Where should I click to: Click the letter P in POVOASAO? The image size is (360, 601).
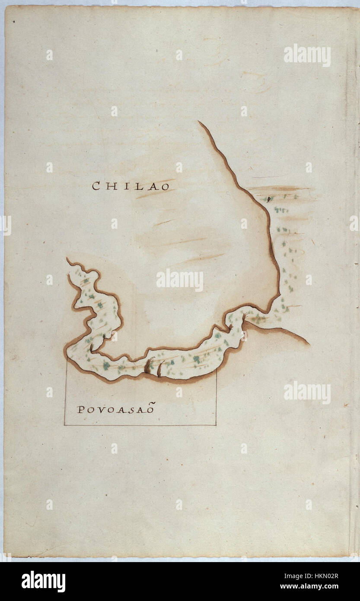(80, 410)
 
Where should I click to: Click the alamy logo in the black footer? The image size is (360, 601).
(43, 582)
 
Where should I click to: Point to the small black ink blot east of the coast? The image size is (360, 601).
(269, 199)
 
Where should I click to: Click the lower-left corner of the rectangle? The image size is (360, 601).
(64, 425)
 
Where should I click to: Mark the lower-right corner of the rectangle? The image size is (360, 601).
(216, 425)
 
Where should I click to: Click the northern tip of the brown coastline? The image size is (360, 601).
(199, 122)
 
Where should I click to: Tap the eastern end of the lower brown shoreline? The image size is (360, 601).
(309, 344)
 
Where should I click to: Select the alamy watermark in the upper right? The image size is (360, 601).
(307, 55)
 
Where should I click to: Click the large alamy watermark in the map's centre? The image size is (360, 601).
(180, 280)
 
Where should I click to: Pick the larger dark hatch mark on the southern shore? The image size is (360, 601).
(150, 366)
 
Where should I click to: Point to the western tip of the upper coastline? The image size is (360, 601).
(67, 259)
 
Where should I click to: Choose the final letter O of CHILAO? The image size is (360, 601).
(165, 186)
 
